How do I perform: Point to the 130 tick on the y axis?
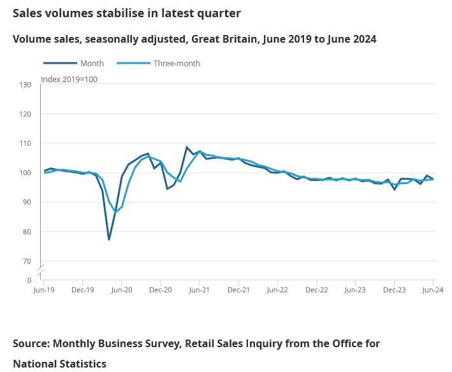click(26, 85)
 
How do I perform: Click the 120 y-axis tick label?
click(26, 114)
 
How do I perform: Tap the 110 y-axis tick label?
click(26, 143)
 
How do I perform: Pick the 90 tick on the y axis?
click(27, 202)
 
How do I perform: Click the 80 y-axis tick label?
click(27, 232)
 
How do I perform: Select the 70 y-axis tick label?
click(27, 261)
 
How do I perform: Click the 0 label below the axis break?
click(29, 280)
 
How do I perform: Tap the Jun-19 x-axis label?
click(44, 290)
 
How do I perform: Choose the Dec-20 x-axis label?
click(161, 290)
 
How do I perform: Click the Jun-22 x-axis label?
click(277, 290)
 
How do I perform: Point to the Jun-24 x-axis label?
click(433, 290)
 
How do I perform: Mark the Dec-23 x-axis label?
click(394, 290)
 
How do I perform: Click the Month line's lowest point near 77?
click(109, 240)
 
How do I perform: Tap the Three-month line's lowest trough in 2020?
click(115, 211)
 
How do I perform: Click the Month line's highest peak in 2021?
click(187, 147)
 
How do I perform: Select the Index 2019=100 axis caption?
click(69, 80)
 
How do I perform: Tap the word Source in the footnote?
click(30, 344)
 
